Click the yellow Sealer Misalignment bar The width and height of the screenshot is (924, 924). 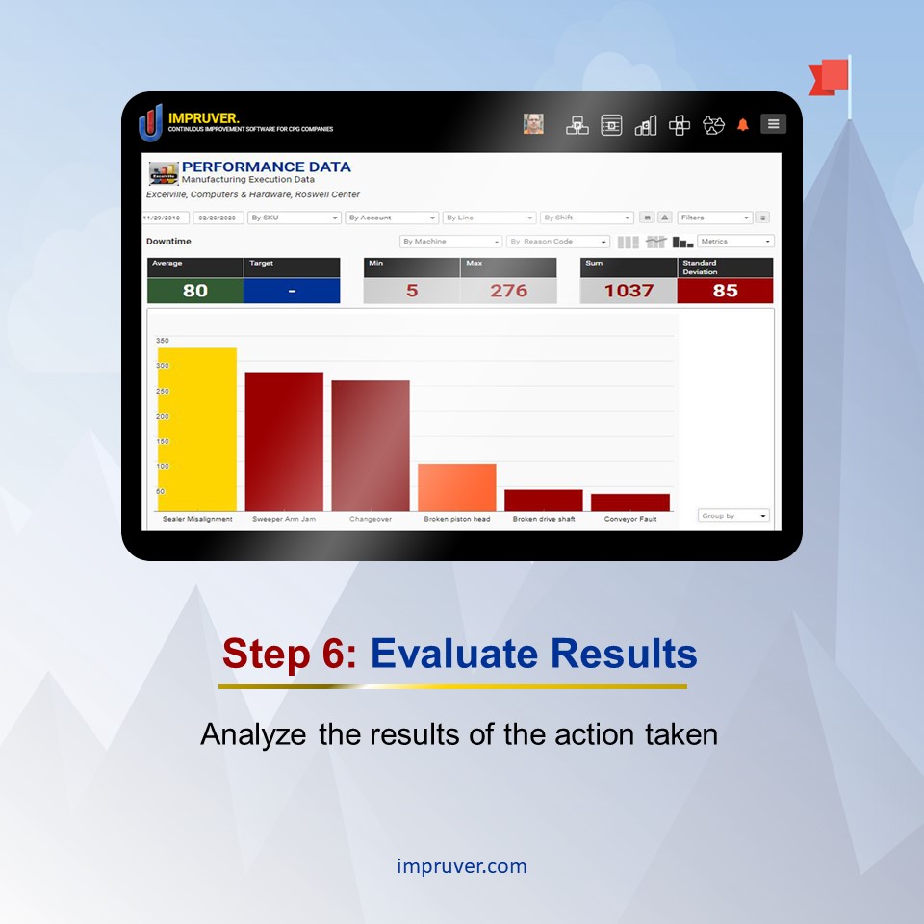pos(197,429)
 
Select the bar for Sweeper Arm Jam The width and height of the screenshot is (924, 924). pos(284,442)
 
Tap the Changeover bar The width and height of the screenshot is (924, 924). pos(371,446)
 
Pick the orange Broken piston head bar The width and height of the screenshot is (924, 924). pos(457,487)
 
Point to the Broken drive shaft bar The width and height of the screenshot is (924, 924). pos(544,500)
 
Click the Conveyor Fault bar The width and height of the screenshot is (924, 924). pos(630,502)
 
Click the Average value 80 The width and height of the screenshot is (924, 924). pos(195,291)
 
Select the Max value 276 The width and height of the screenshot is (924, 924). pos(508,291)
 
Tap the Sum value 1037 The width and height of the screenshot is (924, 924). pos(629,291)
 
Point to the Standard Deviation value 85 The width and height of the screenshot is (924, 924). pos(725,291)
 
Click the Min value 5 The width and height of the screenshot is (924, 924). pos(412,291)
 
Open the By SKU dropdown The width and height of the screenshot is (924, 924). pos(295,218)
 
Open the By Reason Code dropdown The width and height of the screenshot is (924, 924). pos(558,242)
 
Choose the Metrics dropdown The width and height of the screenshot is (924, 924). pos(736,242)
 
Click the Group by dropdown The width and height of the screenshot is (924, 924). pos(733,516)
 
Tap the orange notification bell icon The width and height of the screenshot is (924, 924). pos(743,125)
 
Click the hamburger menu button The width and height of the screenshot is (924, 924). pos(773,124)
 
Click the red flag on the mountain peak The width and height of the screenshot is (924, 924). pos(832,77)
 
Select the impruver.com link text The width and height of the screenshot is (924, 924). pos(462,866)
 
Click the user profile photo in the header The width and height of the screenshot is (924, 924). pos(533,124)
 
